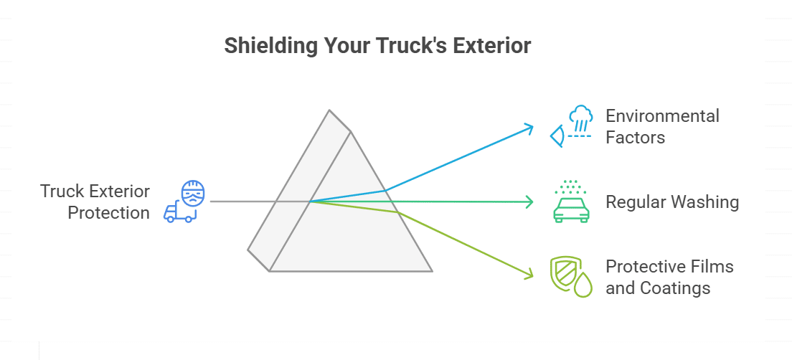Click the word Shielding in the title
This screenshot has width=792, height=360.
coord(270,45)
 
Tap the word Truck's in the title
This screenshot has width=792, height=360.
coord(412,45)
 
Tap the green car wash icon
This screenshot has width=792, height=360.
coord(571,202)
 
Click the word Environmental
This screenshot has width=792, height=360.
coord(662,115)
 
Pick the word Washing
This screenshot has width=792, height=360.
coord(705,202)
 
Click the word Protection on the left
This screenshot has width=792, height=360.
coord(108,212)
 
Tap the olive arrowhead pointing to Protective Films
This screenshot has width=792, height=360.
coord(531,274)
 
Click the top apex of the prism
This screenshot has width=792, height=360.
coord(329,110)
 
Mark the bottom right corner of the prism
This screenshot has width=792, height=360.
coord(432,271)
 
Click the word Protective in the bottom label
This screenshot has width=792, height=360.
coord(646,267)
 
